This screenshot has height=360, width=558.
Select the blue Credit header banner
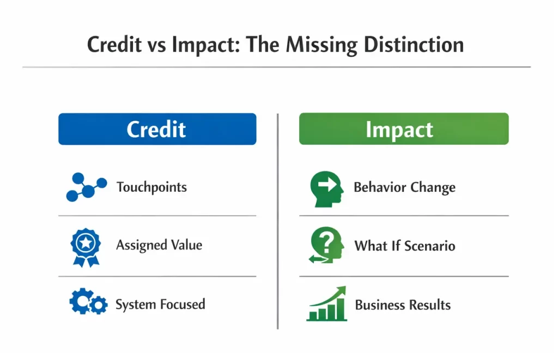157,129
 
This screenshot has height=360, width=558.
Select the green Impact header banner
403,129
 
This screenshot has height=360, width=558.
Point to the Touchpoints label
151,187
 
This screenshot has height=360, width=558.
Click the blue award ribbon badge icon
86,247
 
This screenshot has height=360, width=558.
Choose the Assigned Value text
159,245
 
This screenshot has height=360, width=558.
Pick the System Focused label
160,304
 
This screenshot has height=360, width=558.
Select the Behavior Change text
404,188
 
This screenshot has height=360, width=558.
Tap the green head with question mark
326,246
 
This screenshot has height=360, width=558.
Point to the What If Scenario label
404,246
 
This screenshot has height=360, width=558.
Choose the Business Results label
403,304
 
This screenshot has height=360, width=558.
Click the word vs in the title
150,45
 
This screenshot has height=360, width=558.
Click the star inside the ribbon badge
86,243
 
